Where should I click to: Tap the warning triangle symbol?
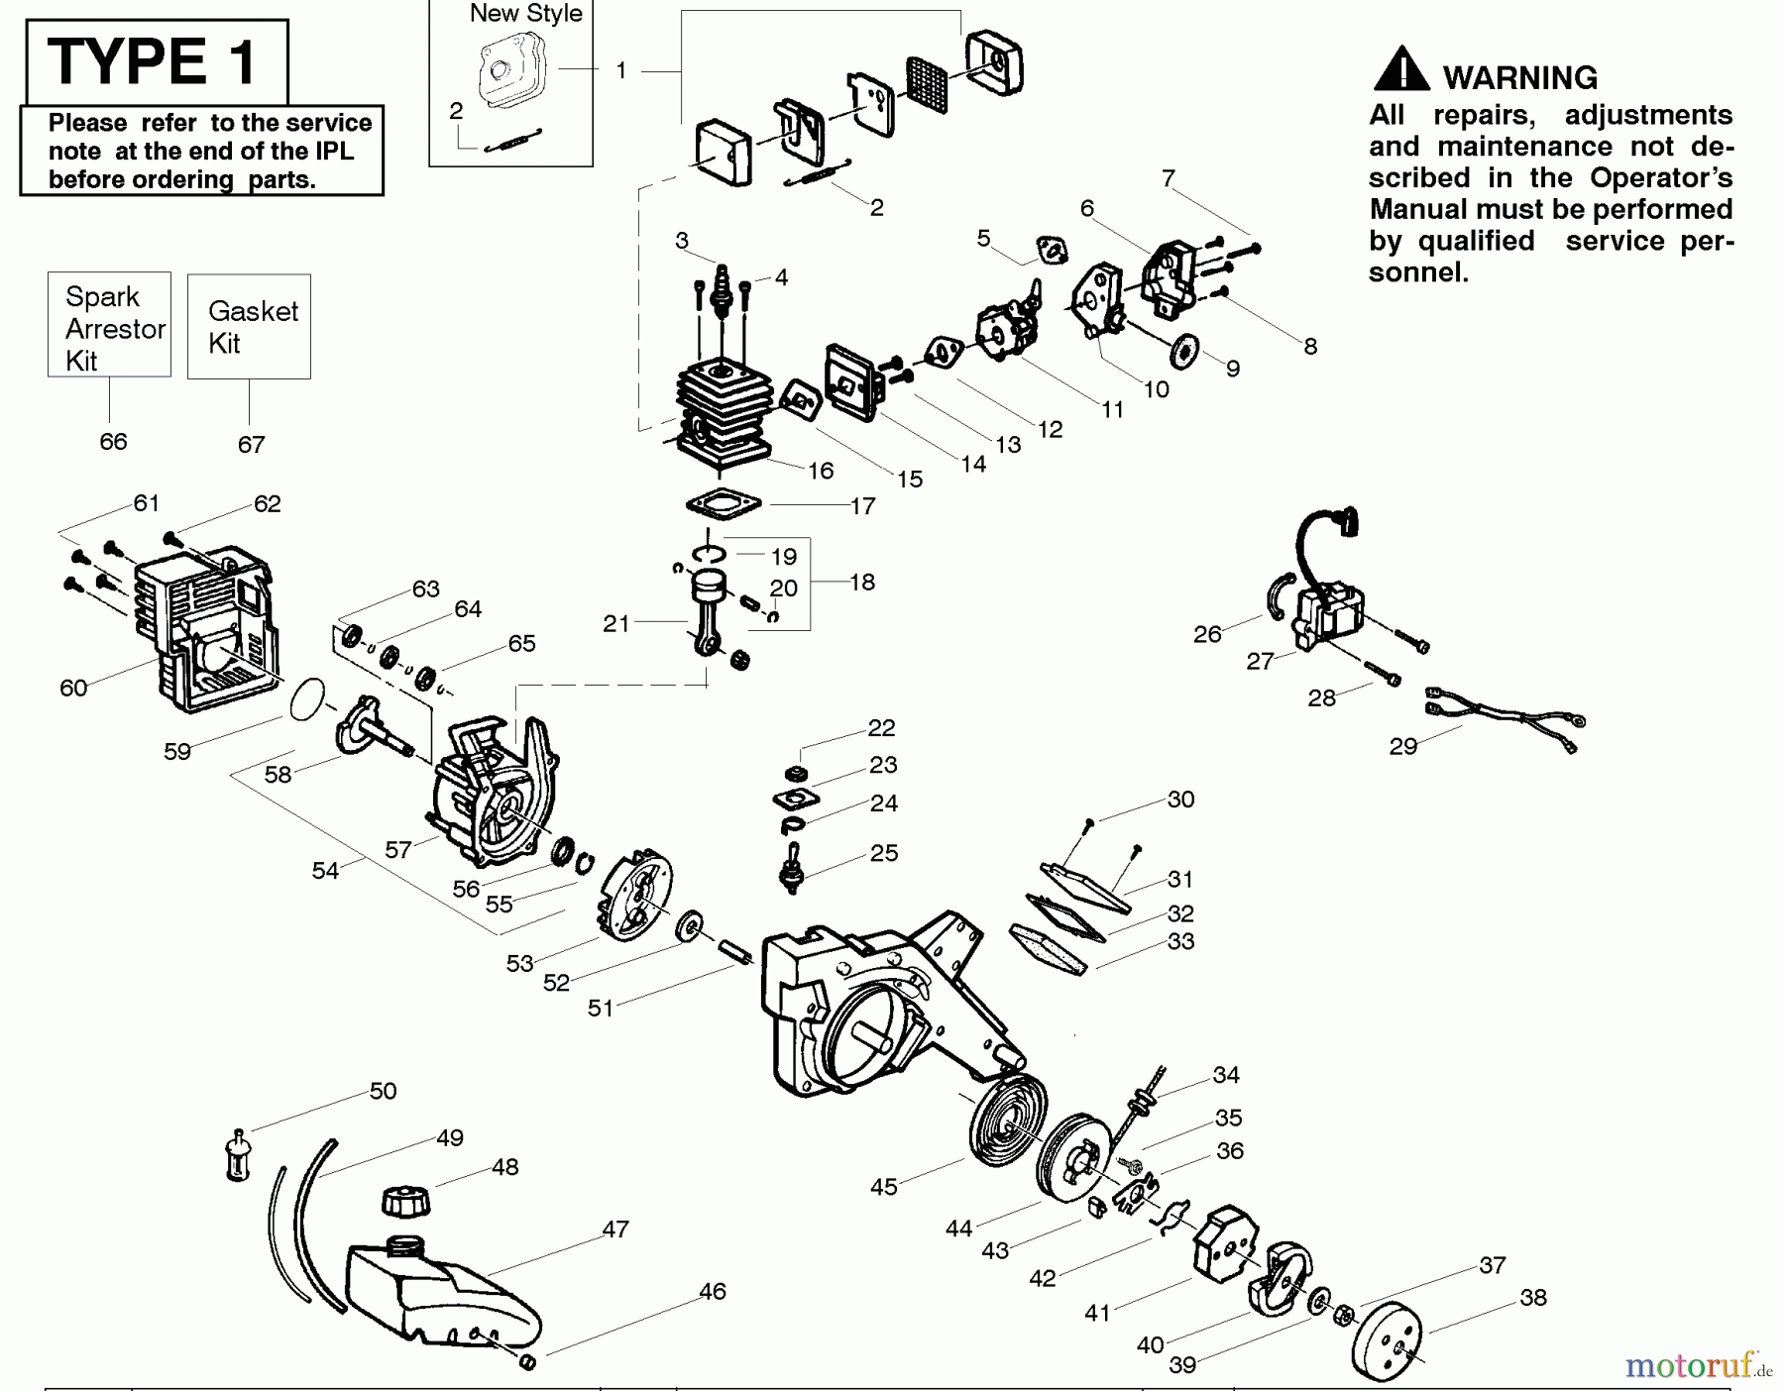[x=1400, y=69]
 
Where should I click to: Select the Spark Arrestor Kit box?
[x=109, y=326]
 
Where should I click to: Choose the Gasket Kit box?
[x=249, y=327]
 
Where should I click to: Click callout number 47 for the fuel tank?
[x=615, y=1230]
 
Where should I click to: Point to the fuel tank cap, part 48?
[x=405, y=1203]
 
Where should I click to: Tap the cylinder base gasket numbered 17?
[x=724, y=505]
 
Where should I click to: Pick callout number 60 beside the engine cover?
[x=73, y=688]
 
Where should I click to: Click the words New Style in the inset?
[x=525, y=14]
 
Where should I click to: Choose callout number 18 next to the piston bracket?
[x=862, y=583]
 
